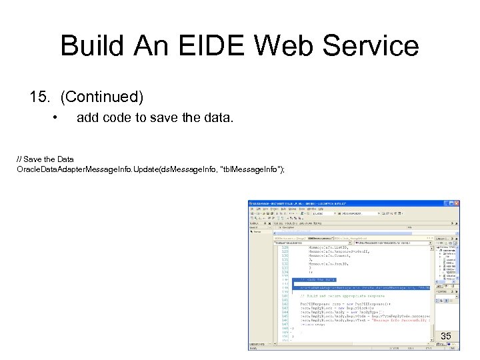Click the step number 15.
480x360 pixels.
coord(41,97)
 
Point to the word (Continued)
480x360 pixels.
coord(101,97)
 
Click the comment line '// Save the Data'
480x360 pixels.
coord(45,159)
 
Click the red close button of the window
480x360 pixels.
coord(456,203)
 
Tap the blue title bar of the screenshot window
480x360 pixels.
coord(333,203)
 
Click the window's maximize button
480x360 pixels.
coord(451,203)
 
